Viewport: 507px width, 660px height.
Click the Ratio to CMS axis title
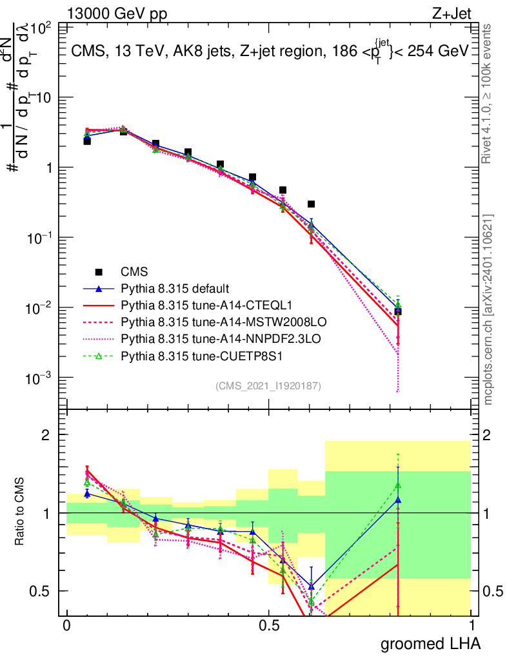coord(20,512)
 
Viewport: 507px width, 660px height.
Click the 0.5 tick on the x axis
coord(269,625)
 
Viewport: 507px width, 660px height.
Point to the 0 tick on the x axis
coord(66,625)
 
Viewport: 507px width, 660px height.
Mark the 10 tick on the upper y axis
coord(45,97)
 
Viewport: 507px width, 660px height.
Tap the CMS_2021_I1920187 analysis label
coord(268,385)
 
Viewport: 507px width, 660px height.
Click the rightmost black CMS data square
coord(398,311)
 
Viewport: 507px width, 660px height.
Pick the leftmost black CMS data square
coord(87,141)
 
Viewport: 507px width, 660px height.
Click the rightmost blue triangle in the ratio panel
coord(398,500)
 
